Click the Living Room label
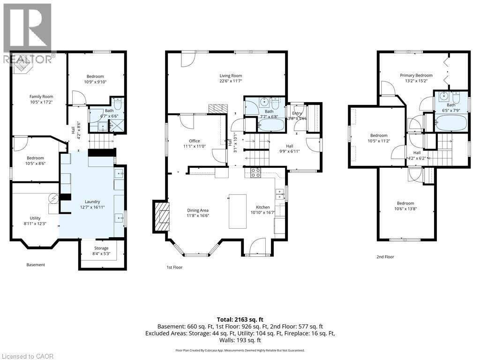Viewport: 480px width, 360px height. pos(231,75)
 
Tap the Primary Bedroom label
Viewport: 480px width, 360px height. pos(416,75)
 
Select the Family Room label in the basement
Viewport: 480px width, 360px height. pos(38,97)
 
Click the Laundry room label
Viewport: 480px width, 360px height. pos(92,202)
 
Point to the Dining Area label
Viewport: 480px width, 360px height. pos(197,210)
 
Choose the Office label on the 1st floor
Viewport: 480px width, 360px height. pos(194,141)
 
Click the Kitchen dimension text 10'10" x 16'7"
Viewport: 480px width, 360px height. pos(263,213)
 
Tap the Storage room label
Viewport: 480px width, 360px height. pos(101,248)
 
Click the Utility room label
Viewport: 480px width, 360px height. pos(35,218)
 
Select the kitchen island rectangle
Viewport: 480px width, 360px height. pos(237,211)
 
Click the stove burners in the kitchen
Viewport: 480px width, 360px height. pos(255,172)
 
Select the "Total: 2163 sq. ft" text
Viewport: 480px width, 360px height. pos(240,319)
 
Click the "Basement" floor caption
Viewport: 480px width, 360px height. pos(36,265)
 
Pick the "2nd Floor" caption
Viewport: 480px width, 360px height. pos(385,257)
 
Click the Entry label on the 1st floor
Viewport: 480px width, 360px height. pos(297,113)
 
